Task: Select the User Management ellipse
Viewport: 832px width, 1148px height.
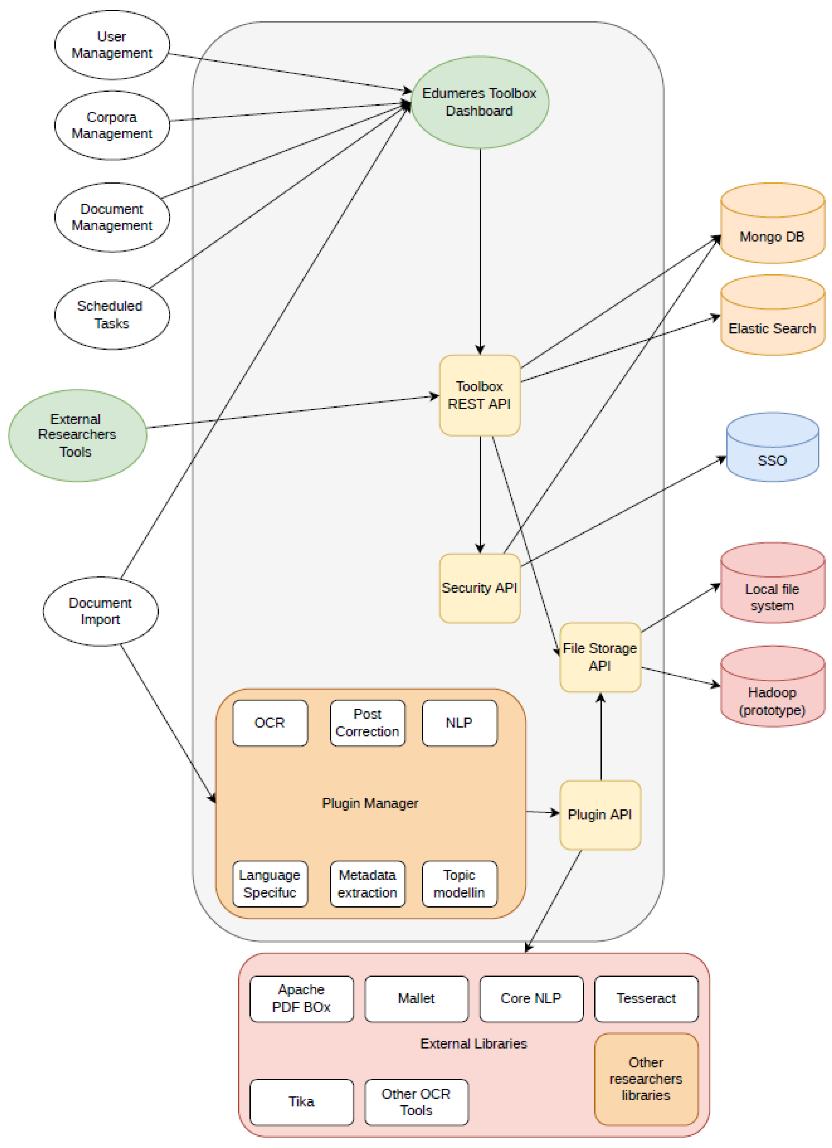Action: tap(112, 45)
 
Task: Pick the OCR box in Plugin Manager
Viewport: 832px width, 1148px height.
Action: tap(270, 723)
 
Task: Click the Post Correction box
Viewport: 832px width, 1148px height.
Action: tap(367, 723)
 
